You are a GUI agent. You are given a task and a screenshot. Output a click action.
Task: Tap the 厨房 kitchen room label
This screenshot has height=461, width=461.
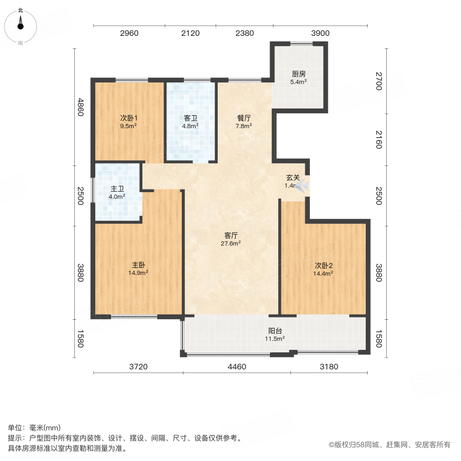pyautogui.click(x=299, y=73)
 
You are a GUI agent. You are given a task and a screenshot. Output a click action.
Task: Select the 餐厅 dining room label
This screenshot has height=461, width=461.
pyautogui.click(x=244, y=118)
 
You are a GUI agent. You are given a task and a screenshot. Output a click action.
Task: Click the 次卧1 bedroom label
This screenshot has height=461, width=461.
pyautogui.click(x=129, y=118)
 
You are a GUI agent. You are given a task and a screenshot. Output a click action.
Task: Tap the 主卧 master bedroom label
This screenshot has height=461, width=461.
pyautogui.click(x=138, y=265)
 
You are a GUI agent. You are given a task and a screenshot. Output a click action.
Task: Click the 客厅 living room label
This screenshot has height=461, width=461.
pyautogui.click(x=232, y=236)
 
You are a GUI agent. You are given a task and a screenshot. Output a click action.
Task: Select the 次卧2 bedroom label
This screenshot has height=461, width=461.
pyautogui.click(x=324, y=265)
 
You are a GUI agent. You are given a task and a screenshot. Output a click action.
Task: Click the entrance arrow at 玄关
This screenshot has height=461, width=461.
pyautogui.click(x=302, y=185)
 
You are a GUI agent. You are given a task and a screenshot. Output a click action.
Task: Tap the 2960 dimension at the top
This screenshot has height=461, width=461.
pyautogui.click(x=129, y=33)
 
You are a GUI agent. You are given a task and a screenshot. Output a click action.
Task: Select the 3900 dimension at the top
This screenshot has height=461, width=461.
pyautogui.click(x=320, y=33)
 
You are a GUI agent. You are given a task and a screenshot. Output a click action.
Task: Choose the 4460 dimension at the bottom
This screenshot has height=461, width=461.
pyautogui.click(x=237, y=366)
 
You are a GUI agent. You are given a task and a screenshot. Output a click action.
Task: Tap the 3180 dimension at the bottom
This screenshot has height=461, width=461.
pyautogui.click(x=329, y=366)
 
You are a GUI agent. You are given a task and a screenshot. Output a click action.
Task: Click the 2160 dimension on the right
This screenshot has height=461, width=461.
pyautogui.click(x=379, y=139)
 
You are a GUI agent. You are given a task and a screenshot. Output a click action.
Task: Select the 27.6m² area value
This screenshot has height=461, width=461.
pyautogui.click(x=232, y=244)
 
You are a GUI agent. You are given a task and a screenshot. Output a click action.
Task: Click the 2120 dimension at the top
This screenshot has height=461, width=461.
pyautogui.click(x=190, y=33)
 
